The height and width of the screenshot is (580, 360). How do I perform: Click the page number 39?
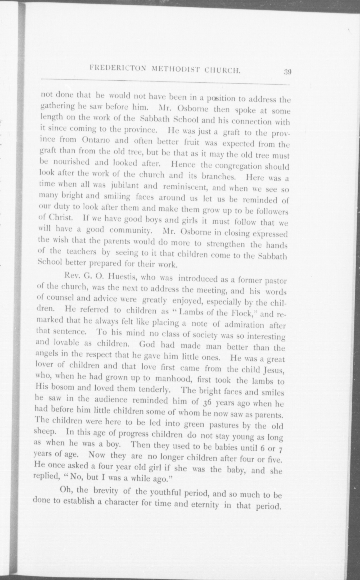point(287,71)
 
